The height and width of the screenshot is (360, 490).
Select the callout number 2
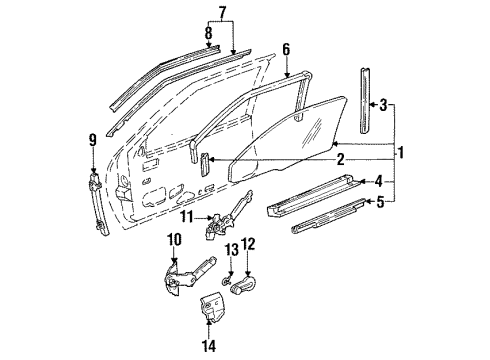[x=340, y=158]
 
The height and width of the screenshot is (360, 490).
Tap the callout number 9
[x=93, y=141]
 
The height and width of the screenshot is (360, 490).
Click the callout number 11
[x=188, y=217]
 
